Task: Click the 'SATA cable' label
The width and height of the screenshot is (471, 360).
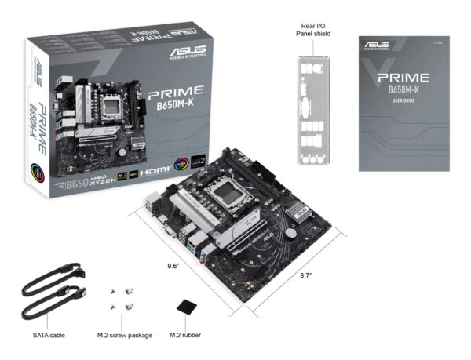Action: coord(48,336)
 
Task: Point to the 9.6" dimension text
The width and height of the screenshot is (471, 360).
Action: coord(174,266)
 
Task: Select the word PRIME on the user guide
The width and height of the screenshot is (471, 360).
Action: coord(403,78)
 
